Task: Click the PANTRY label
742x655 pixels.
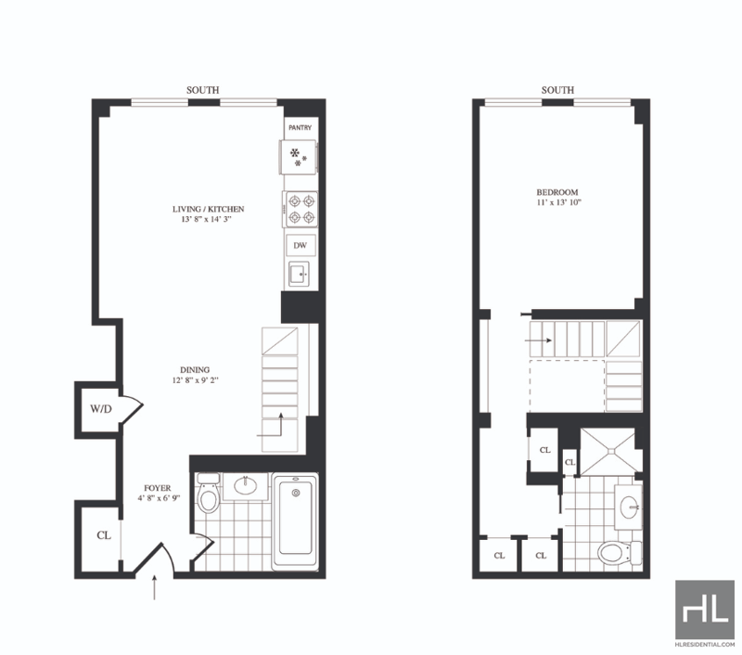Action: [x=300, y=128]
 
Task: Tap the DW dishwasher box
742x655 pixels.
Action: [x=301, y=246]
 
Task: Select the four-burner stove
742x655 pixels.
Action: [x=301, y=209]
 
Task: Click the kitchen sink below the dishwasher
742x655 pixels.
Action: [x=300, y=274]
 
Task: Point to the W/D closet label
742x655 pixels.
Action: [x=101, y=409]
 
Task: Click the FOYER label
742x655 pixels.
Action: [x=158, y=488]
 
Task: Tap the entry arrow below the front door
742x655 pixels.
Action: [x=154, y=587]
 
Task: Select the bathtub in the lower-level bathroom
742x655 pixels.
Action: [x=295, y=521]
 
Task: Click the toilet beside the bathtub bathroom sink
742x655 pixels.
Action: [x=208, y=494]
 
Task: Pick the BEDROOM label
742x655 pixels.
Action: [x=557, y=192]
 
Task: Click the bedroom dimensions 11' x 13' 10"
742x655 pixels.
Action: [x=558, y=202]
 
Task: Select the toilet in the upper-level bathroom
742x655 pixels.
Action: [x=620, y=552]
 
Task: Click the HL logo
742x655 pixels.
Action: [x=705, y=610]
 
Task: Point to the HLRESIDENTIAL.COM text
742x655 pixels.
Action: [x=705, y=644]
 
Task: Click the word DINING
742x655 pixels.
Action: [x=195, y=369]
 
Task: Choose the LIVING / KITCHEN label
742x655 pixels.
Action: [x=208, y=209]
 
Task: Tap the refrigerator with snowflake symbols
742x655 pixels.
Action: [x=299, y=157]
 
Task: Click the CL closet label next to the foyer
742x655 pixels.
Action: [x=104, y=535]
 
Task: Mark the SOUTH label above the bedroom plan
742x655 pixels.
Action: [x=557, y=90]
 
